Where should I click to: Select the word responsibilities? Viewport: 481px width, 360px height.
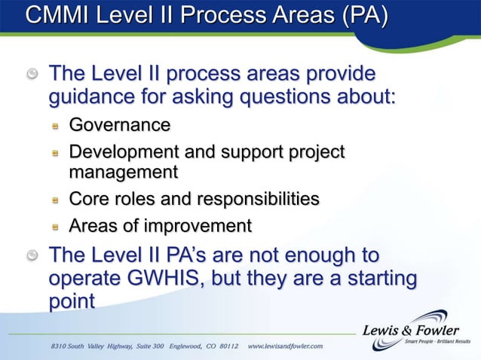[258, 199]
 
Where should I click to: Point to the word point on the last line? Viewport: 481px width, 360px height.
[72, 301]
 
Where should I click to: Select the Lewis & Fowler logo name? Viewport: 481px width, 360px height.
[410, 329]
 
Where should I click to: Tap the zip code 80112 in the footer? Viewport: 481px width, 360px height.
[225, 346]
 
